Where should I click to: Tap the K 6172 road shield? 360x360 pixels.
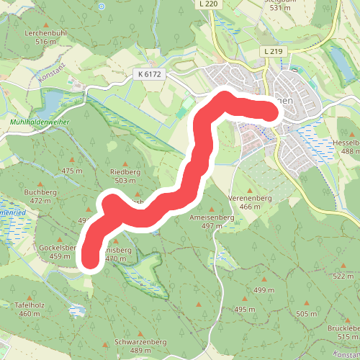pyautogui.click(x=149, y=73)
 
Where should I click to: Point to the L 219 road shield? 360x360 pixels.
pyautogui.click(x=273, y=52)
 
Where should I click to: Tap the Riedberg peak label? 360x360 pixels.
pyautogui.click(x=125, y=172)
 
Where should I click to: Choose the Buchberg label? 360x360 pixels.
pyautogui.click(x=40, y=192)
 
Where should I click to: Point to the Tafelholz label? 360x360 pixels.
pyautogui.click(x=30, y=305)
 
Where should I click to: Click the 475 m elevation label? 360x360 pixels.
pyautogui.click(x=73, y=171)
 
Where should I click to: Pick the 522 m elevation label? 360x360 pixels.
pyautogui.click(x=344, y=276)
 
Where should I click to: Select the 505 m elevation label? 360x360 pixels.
pyautogui.click(x=306, y=314)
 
